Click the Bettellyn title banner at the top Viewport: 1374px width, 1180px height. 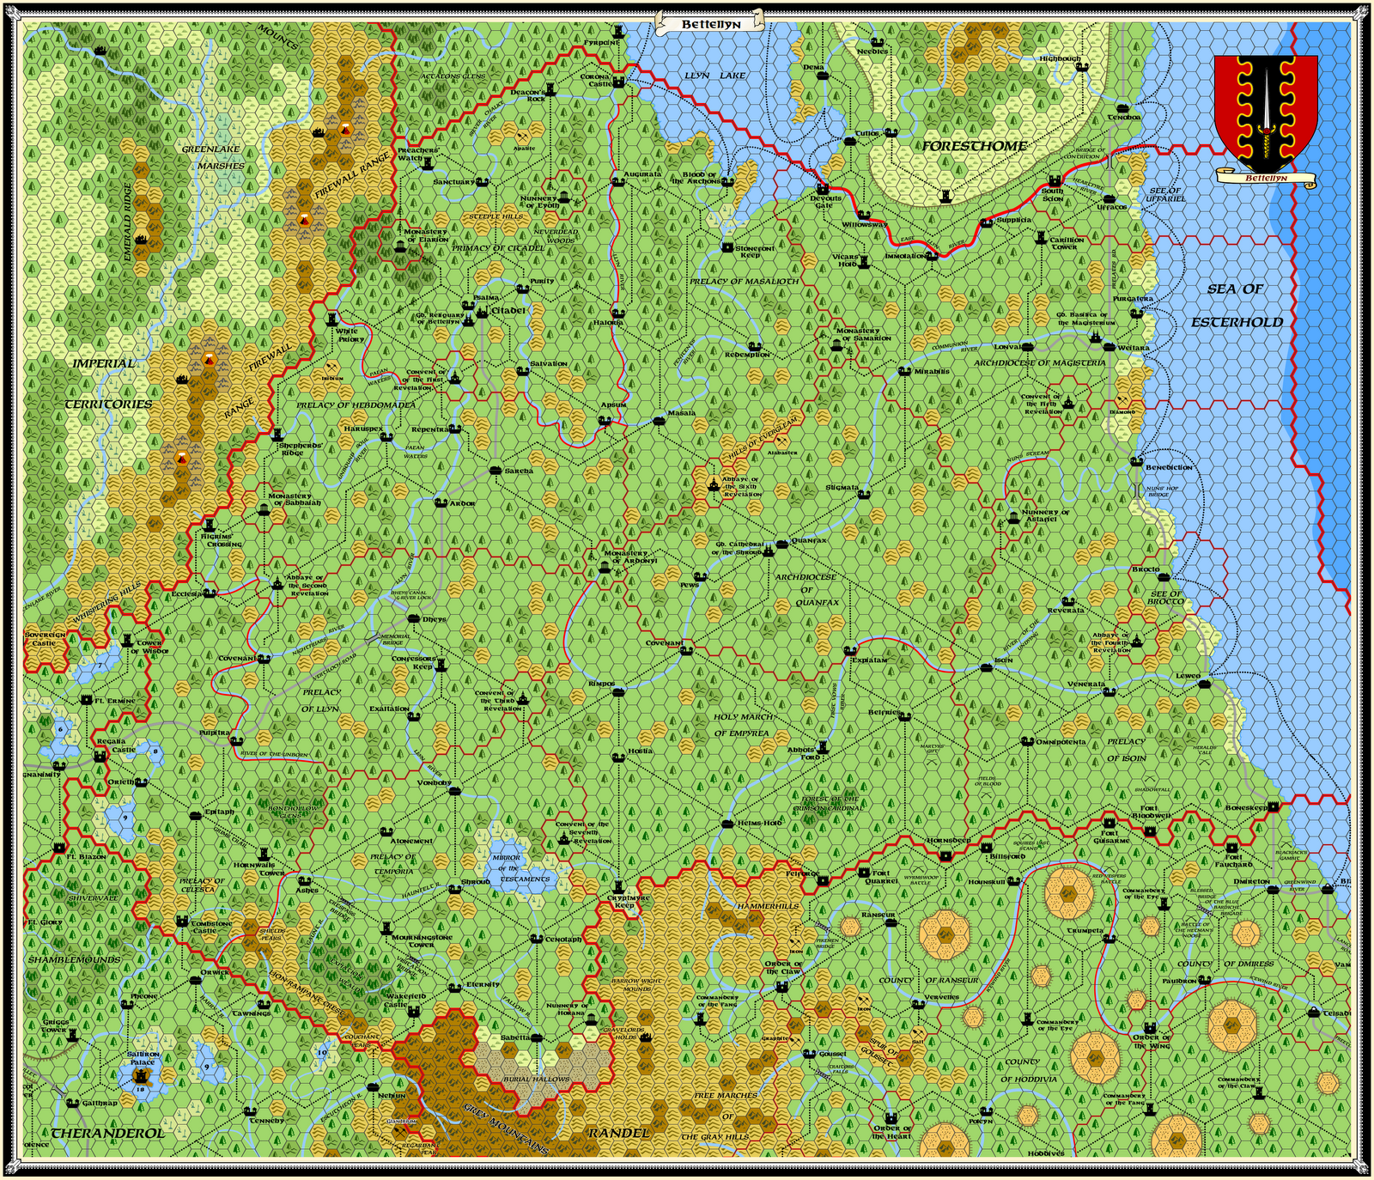pyautogui.click(x=710, y=24)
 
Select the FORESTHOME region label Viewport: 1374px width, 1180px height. pyautogui.click(x=975, y=146)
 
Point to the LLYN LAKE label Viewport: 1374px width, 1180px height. pyautogui.click(x=714, y=76)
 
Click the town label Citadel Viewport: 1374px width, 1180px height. pyautogui.click(x=508, y=310)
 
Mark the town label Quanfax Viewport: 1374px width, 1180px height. pyautogui.click(x=809, y=541)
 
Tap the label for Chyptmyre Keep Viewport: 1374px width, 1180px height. pyautogui.click(x=629, y=902)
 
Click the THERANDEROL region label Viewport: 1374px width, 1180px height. pyautogui.click(x=106, y=1133)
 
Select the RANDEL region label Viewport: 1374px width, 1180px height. pyautogui.click(x=618, y=1133)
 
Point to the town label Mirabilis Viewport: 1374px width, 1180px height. pyautogui.click(x=932, y=372)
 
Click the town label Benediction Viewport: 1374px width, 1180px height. pyautogui.click(x=1169, y=467)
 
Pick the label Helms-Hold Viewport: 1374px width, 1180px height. pyautogui.click(x=759, y=823)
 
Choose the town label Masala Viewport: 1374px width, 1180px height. pyautogui.click(x=681, y=413)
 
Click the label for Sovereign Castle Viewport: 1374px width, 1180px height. pyautogui.click(x=44, y=639)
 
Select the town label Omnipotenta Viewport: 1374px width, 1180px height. pyautogui.click(x=1061, y=742)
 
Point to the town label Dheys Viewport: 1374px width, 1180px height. pyautogui.click(x=434, y=619)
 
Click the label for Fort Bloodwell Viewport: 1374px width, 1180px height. pyautogui.click(x=1151, y=812)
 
